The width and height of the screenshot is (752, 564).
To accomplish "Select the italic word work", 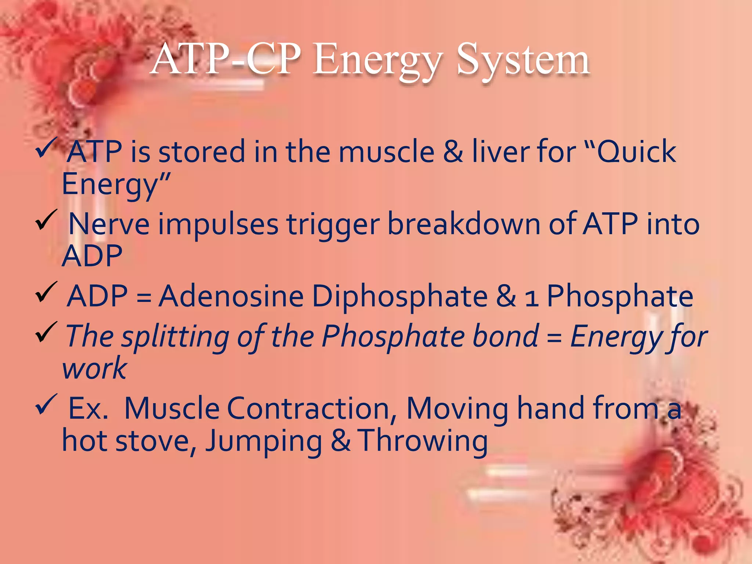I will click(x=95, y=368).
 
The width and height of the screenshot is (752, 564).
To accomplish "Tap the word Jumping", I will click(x=264, y=441).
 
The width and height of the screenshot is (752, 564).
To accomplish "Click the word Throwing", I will click(x=423, y=441).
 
